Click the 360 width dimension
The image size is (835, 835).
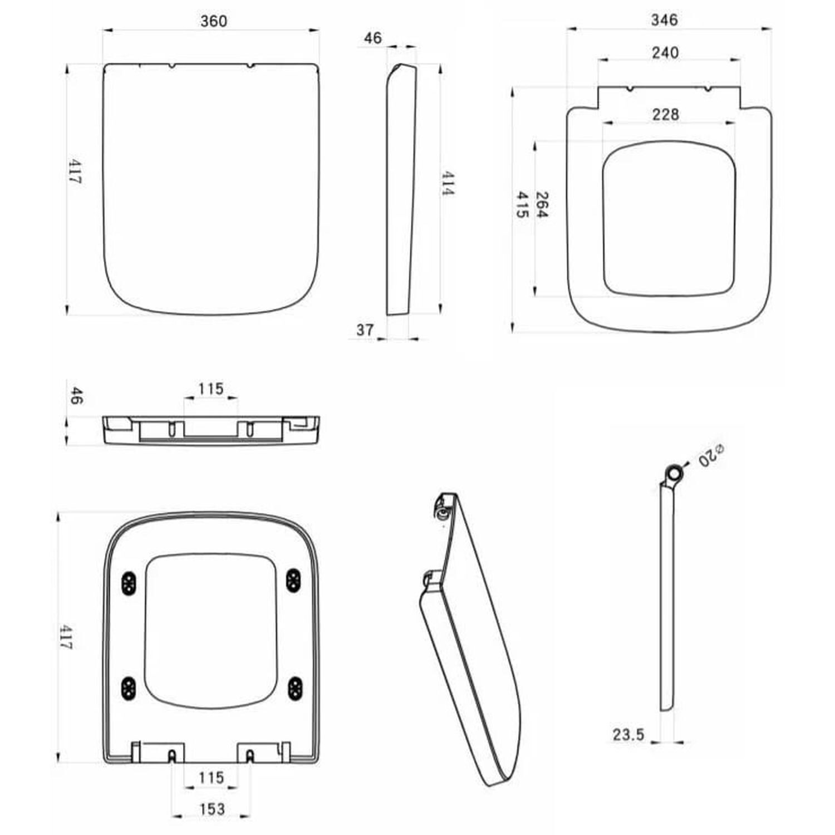pos(214,21)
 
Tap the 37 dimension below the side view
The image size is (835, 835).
pos(365,330)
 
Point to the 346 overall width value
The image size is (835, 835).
pos(665,20)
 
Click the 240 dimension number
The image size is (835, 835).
pos(665,52)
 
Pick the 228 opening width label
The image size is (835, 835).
pos(666,114)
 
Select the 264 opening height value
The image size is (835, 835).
pos(542,204)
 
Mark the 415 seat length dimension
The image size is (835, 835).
pos(522,204)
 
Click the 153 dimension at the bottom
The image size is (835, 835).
pos(212,809)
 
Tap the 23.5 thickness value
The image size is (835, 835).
pos(628,735)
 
